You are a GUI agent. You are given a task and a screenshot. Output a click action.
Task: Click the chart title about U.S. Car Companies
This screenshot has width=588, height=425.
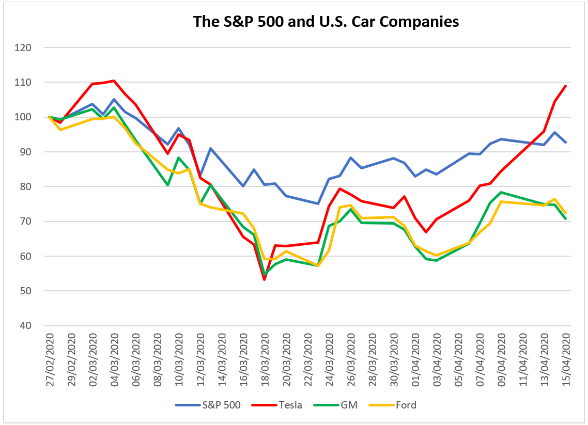326,22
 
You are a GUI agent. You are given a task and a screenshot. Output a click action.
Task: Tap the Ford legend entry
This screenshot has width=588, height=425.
406,405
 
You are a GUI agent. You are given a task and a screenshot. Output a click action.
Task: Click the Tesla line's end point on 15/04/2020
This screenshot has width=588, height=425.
566,86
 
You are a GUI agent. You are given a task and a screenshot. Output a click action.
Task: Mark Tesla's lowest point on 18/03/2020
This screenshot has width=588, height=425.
265,279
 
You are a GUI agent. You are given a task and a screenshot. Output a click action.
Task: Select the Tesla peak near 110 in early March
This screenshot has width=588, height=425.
114,81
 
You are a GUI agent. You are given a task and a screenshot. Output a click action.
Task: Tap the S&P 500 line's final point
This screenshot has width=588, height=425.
566,142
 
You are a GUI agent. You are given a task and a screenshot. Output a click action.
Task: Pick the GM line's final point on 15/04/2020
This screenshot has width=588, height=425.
566,219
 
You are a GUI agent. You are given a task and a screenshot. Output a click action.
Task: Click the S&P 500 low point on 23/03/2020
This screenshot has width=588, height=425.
318,203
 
